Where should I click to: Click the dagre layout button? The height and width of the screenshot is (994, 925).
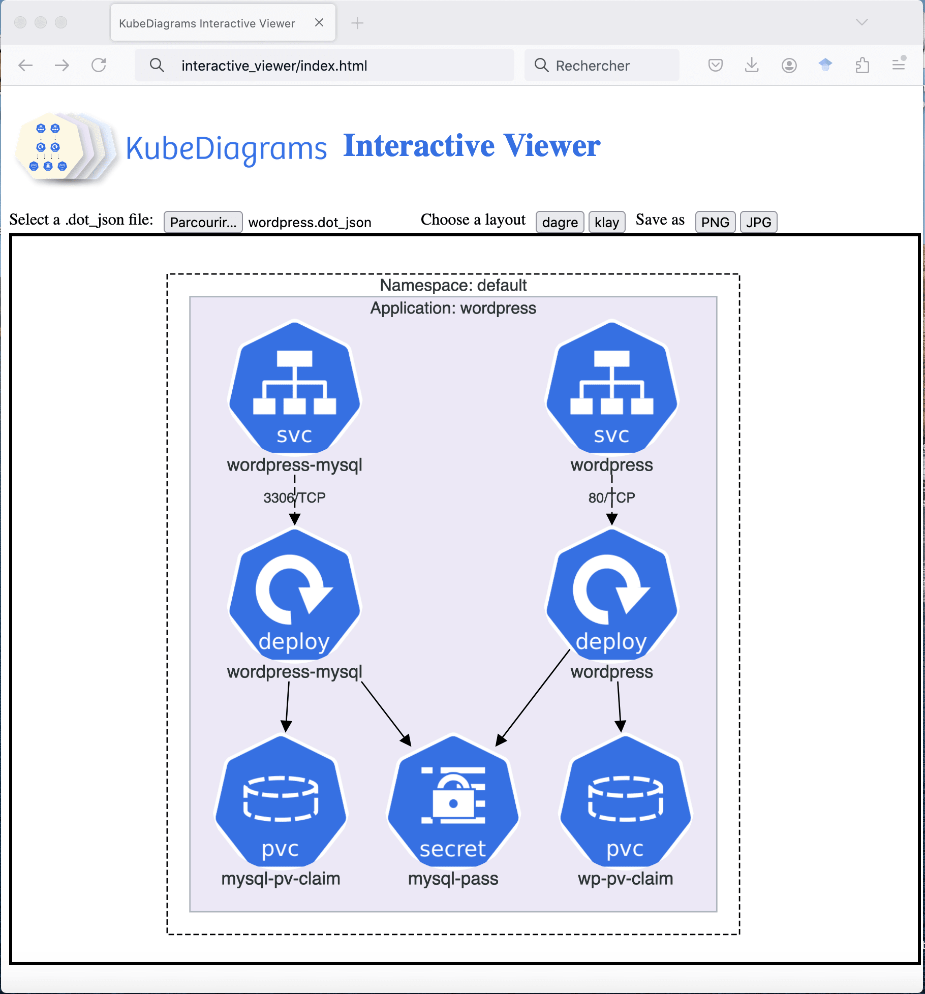(560, 222)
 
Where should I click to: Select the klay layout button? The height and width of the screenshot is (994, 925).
(606, 222)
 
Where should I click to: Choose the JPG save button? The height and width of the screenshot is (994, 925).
(758, 222)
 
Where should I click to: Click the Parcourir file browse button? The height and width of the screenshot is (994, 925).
(203, 222)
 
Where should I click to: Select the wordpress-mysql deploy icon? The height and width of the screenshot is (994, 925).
(295, 595)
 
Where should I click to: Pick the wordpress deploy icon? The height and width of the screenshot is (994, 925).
(612, 595)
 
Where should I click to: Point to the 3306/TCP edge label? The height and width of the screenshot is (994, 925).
(294, 498)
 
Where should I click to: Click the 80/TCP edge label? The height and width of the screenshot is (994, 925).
(611, 498)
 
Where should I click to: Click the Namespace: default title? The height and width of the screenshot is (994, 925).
(453, 285)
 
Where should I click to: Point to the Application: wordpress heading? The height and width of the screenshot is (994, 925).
(453, 308)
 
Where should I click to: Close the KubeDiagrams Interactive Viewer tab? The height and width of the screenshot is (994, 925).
(319, 23)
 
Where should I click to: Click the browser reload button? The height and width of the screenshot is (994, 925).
(99, 66)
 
